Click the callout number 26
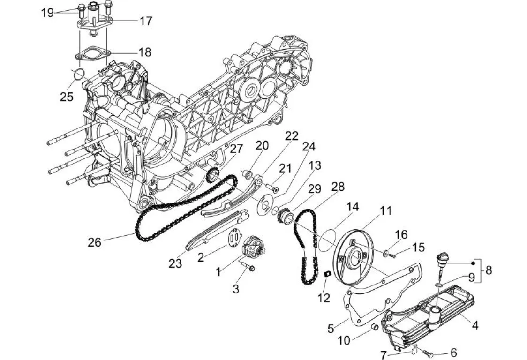point(94,242)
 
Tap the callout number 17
point(146,21)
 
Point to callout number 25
point(67,97)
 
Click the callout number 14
point(353,206)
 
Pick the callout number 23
point(175,263)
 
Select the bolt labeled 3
point(248,267)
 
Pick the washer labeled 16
point(386,252)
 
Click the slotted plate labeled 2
point(234,237)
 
